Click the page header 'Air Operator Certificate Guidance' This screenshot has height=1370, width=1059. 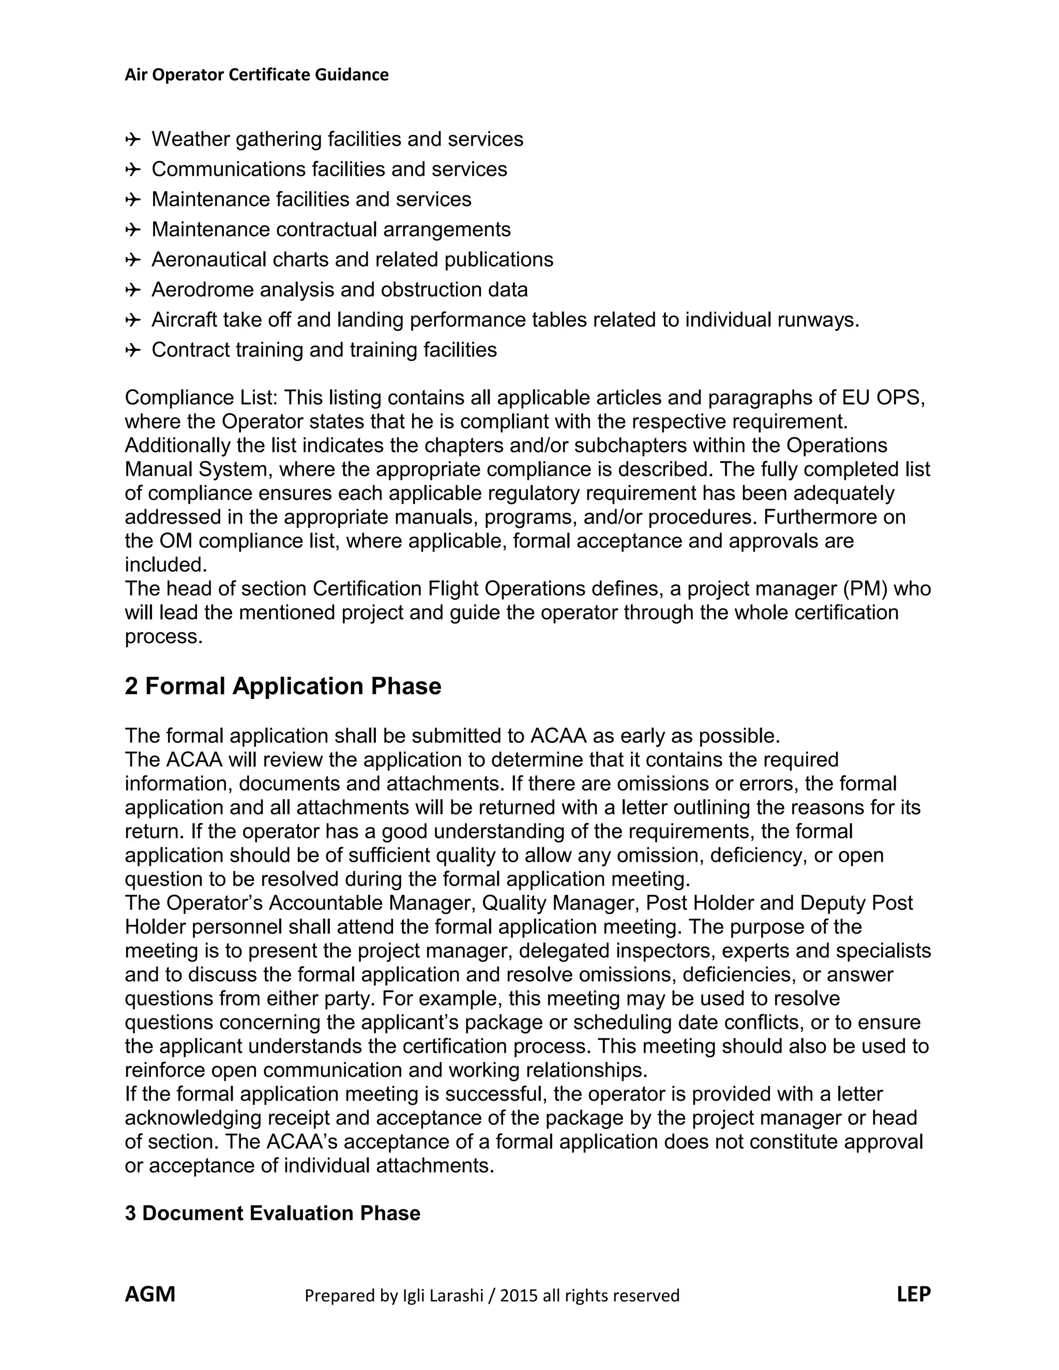click(256, 74)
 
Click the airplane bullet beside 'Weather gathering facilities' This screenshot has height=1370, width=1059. click(132, 139)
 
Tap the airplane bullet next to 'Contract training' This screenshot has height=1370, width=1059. click(132, 350)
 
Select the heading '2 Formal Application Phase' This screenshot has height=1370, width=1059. click(283, 686)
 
